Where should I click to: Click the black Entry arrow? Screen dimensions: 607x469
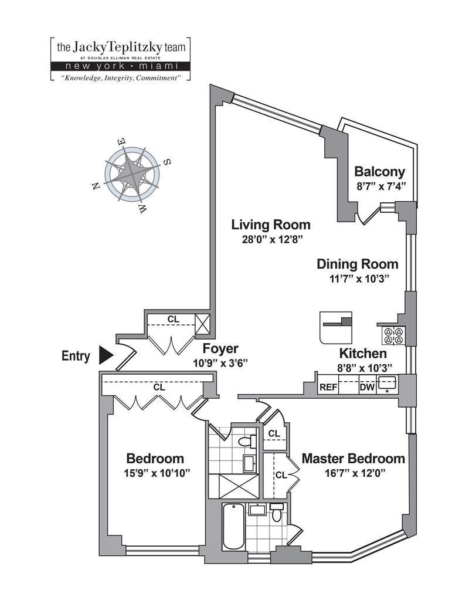click(106, 355)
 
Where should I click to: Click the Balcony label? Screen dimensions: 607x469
click(380, 172)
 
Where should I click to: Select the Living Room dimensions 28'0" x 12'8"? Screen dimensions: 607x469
click(270, 239)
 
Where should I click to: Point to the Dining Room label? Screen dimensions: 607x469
click(357, 264)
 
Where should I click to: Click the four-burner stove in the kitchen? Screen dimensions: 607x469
click(393, 335)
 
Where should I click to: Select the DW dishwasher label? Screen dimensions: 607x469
click(366, 387)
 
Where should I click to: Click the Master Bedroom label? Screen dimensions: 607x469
click(353, 458)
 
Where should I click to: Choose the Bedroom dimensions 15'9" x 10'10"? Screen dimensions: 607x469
click(155, 473)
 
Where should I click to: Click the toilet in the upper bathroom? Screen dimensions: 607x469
click(252, 440)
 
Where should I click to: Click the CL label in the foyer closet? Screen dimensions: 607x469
click(173, 319)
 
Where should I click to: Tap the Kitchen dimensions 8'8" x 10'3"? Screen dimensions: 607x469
click(363, 367)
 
